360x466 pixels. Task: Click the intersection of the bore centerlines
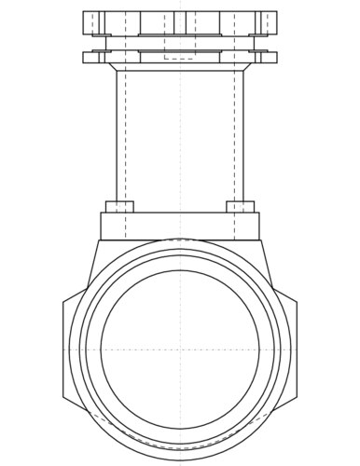tap(180, 349)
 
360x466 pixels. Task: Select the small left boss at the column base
tap(119, 206)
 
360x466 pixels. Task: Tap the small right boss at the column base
tap(241, 206)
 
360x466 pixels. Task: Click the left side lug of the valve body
tap(70, 349)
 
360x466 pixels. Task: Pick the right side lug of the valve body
tap(290, 349)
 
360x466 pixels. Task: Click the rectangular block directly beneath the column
tap(180, 226)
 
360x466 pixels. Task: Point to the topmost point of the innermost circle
tap(180, 270)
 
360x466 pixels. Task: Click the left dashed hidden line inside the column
tap(126, 140)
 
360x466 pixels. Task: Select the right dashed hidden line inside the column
tap(234, 140)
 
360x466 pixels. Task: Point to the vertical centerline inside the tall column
tap(180, 140)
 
